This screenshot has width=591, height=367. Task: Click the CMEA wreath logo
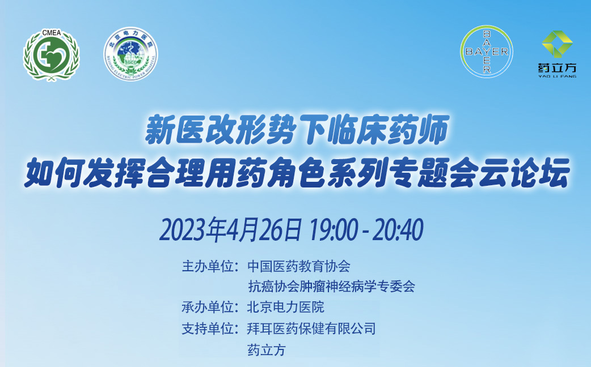pyautogui.click(x=51, y=55)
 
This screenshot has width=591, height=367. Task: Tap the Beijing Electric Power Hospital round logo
pyautogui.click(x=131, y=53)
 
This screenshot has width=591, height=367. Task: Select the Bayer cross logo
pyautogui.click(x=486, y=52)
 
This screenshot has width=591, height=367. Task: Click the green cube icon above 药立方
pyautogui.click(x=557, y=44)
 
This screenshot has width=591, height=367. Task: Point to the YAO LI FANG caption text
pyautogui.click(x=557, y=76)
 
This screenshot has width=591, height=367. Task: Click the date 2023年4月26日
pyautogui.click(x=230, y=229)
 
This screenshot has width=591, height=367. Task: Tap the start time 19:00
pyautogui.click(x=333, y=229)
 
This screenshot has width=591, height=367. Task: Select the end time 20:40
pyautogui.click(x=398, y=229)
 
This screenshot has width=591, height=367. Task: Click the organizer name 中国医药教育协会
pyautogui.click(x=299, y=266)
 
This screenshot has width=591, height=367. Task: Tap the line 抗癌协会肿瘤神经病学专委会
pyautogui.click(x=331, y=287)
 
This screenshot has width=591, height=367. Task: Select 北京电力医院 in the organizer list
pyautogui.click(x=286, y=307)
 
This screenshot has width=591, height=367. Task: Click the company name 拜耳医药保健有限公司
pyautogui.click(x=311, y=328)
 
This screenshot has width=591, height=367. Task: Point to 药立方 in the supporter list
pyautogui.click(x=267, y=350)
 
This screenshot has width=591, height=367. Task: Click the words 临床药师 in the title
pyautogui.click(x=388, y=130)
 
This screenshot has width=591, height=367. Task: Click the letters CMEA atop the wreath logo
pyautogui.click(x=51, y=33)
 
